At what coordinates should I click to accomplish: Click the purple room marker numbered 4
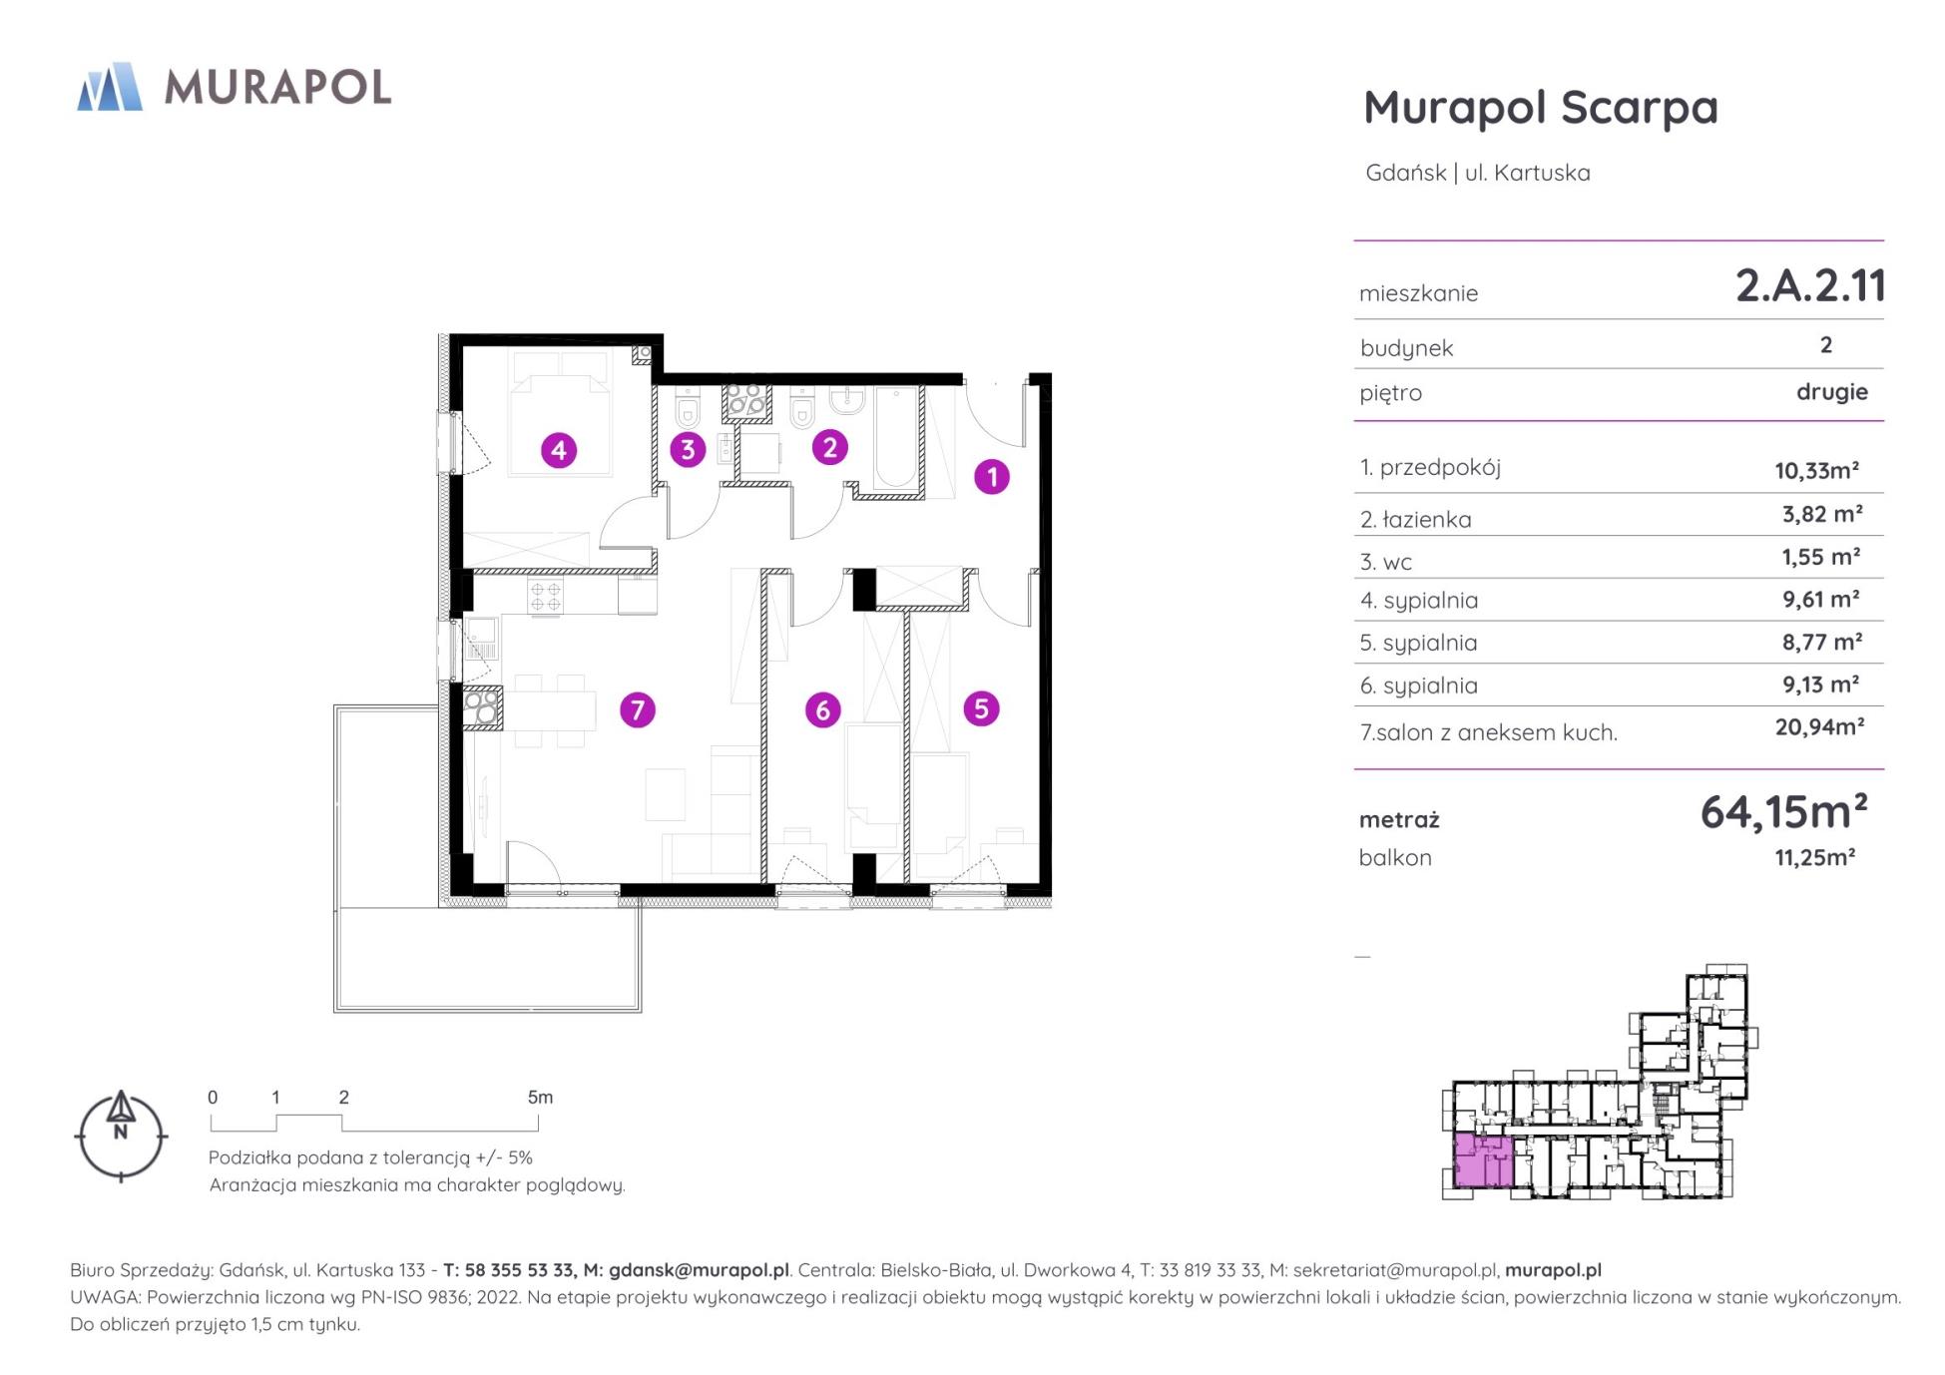pos(558,450)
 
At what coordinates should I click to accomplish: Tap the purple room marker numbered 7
pos(637,710)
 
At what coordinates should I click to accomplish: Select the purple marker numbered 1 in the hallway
pos(991,477)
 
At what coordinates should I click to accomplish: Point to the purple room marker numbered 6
pos(822,710)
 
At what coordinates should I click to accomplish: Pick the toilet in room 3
pos(688,409)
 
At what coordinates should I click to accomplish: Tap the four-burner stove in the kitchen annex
pos(546,597)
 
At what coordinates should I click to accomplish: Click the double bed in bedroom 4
pos(558,413)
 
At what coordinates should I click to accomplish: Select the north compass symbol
pos(121,1136)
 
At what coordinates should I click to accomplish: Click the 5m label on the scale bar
pos(540,1098)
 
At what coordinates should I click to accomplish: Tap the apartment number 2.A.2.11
pos(1810,286)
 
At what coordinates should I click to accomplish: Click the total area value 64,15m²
pos(1783,812)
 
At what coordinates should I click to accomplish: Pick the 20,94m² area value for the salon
pos(1819,726)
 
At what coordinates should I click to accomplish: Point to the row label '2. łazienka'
pos(1415,519)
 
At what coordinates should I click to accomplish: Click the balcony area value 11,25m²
pos(1814,857)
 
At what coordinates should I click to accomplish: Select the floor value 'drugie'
pos(1832,391)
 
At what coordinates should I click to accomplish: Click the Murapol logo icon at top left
pos(110,86)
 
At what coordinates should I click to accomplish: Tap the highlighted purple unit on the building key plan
pos(1482,1160)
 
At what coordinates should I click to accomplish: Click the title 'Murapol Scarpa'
pos(1541,108)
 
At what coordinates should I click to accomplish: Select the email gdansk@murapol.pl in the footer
pos(699,1270)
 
